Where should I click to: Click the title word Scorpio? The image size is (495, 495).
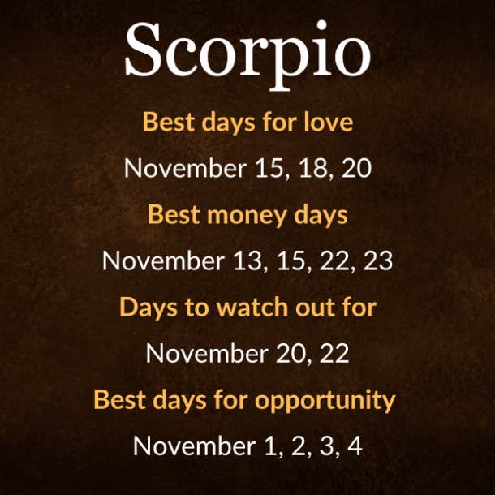247,55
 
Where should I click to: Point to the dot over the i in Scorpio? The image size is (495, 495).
321,25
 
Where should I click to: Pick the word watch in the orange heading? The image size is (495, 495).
252,307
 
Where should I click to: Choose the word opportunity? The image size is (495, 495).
325,401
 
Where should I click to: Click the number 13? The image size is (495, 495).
248,260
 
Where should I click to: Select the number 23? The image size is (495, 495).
378,260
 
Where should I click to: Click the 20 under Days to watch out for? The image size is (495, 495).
291,353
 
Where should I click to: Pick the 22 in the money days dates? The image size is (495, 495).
334,260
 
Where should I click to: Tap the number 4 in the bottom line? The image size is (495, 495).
355,445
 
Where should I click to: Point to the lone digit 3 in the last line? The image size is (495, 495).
326,445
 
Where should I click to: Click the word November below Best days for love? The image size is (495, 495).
185,168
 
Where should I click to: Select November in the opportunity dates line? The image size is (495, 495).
194,445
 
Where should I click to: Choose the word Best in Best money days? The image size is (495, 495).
174,215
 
